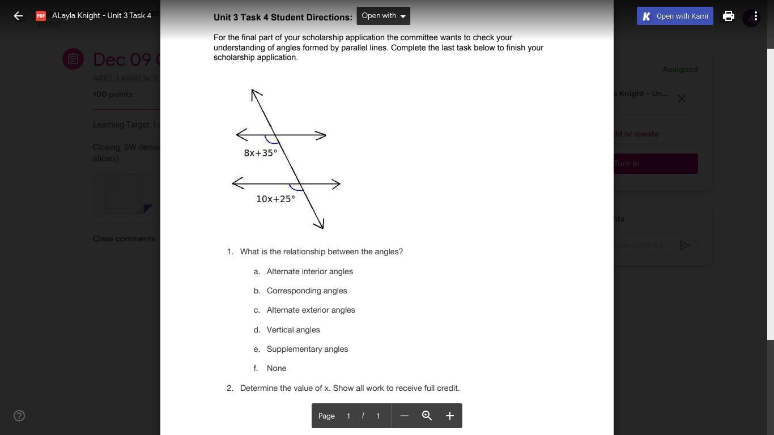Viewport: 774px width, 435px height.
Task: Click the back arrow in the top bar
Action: point(18,16)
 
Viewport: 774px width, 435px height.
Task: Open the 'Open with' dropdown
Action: point(383,16)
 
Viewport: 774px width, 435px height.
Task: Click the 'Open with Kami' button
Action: point(675,16)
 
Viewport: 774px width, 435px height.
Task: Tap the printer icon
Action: point(729,16)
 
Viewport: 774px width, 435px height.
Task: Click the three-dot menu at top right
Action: point(755,16)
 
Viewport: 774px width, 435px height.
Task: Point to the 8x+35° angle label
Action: point(261,153)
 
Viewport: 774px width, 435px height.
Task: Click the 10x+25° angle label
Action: point(275,199)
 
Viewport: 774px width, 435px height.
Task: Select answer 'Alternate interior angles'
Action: point(309,271)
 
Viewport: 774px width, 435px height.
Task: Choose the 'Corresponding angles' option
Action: point(307,291)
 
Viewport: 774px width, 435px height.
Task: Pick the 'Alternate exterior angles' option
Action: point(311,310)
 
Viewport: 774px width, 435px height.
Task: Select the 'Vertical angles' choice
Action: point(293,330)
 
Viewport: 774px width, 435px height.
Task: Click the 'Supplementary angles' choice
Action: point(307,349)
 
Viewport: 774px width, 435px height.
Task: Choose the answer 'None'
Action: point(276,368)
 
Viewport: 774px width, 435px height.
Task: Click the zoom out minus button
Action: point(404,416)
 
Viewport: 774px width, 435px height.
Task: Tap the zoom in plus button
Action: point(450,416)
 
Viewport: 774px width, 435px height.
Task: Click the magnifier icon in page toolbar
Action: point(427,416)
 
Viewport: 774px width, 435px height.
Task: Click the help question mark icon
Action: point(19,416)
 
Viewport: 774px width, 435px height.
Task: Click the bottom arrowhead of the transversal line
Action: point(321,226)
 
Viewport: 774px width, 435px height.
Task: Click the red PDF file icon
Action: point(41,16)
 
